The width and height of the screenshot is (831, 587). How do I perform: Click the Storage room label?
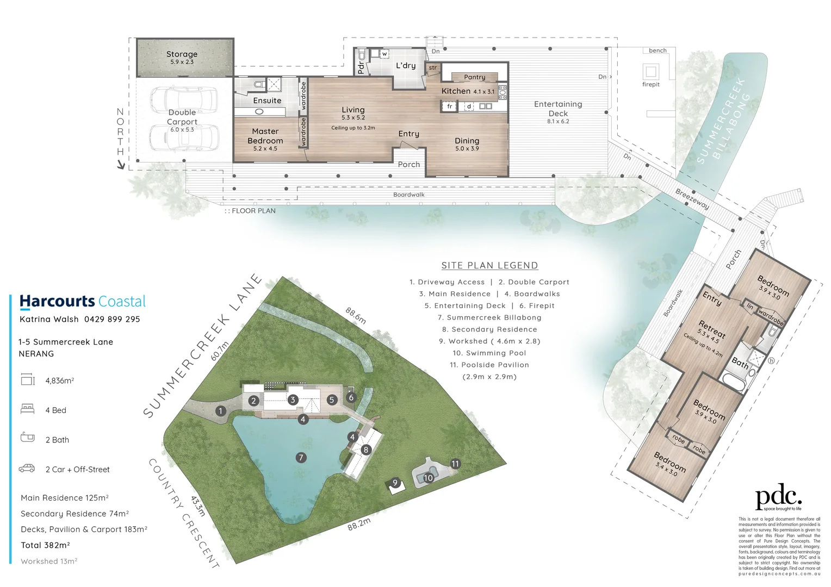182,54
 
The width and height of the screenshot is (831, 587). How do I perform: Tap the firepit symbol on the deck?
650,71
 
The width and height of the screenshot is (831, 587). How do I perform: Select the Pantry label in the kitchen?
474,77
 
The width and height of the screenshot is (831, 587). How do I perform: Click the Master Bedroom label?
265,136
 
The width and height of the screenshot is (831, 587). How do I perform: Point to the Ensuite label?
267,101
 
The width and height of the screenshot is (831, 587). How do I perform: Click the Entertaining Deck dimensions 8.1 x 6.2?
558,121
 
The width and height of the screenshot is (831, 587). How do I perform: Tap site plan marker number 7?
301,458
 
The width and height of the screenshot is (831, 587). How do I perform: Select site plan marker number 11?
455,464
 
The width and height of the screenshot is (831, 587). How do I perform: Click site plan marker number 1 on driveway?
220,411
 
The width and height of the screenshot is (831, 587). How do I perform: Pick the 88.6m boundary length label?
356,315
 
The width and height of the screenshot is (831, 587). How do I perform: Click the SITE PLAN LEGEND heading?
489,265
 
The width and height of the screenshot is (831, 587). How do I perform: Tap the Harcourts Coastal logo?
83,302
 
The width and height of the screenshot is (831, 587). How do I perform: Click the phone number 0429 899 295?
112,319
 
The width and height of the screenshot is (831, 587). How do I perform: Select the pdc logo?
778,497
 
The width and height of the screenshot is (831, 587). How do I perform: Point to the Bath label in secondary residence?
740,363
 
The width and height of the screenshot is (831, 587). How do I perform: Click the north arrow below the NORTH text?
121,165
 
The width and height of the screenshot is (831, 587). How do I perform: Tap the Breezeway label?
692,199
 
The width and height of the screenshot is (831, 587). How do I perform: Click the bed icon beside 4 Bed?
27,409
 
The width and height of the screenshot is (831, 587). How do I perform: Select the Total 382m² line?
45,545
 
